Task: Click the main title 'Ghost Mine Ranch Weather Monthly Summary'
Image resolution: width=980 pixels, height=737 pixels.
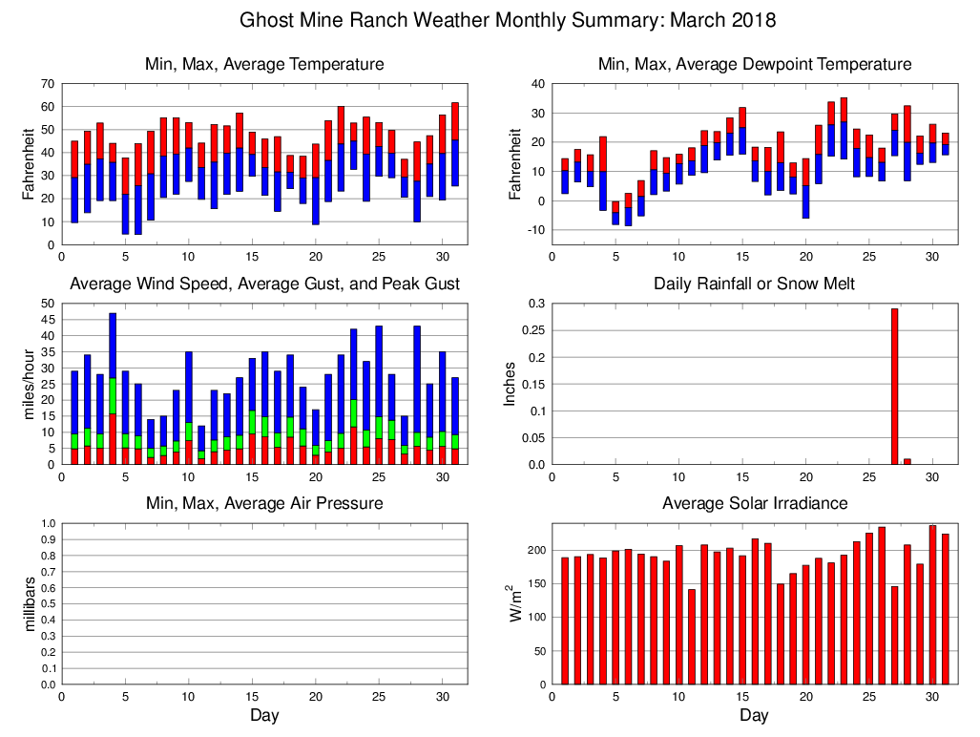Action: (x=507, y=20)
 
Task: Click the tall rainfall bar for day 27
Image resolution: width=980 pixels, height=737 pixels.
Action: (x=894, y=386)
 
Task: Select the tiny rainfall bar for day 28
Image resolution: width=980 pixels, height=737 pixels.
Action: (x=907, y=462)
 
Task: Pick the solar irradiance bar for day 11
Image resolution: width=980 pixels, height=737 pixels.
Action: (x=691, y=637)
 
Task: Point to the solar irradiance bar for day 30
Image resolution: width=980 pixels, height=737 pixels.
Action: (x=932, y=604)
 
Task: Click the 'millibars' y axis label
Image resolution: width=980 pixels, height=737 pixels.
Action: (x=29, y=604)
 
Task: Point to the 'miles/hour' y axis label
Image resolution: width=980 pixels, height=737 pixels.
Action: (x=29, y=384)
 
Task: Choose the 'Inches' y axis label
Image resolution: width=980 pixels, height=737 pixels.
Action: (x=510, y=384)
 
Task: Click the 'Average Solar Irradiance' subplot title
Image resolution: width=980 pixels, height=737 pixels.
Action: (x=754, y=503)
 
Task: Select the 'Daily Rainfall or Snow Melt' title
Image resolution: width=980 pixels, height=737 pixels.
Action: (x=754, y=284)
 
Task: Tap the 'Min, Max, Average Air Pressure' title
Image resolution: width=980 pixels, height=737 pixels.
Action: (x=264, y=503)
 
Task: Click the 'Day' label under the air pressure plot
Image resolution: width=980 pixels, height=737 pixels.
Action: (x=264, y=715)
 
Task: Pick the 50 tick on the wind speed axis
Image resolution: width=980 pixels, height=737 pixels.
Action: (x=47, y=304)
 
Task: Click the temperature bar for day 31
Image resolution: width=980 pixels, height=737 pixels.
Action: (x=455, y=144)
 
